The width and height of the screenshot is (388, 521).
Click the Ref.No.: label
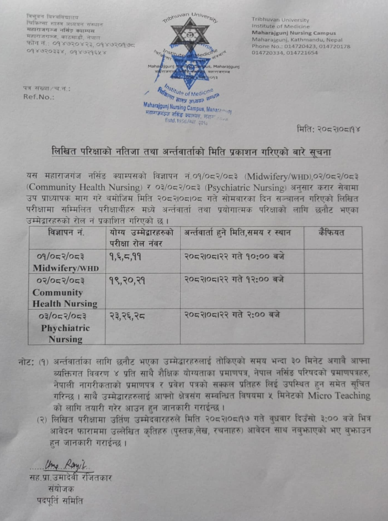pyautogui.click(x=39, y=97)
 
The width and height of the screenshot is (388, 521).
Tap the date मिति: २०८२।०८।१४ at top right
pyautogui.click(x=328, y=129)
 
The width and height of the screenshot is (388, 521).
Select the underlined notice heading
pyautogui.click(x=191, y=152)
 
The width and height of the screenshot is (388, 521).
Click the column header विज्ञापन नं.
pyautogui.click(x=66, y=233)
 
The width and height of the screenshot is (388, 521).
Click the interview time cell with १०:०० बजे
pyautogui.click(x=234, y=257)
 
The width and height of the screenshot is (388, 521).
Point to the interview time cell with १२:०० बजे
pyautogui.click(x=234, y=280)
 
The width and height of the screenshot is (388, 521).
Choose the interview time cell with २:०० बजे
pyautogui.click(x=232, y=315)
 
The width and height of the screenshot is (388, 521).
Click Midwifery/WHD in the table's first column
pyautogui.click(x=66, y=268)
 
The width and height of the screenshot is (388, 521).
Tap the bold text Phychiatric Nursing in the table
pyautogui.click(x=66, y=333)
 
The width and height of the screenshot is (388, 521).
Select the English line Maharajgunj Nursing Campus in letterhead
pyautogui.click(x=294, y=33)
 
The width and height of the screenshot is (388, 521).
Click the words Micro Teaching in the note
pyautogui.click(x=339, y=395)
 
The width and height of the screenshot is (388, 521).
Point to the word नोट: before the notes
pyautogui.click(x=26, y=362)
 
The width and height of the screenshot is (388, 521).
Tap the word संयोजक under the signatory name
pyautogui.click(x=61, y=489)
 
